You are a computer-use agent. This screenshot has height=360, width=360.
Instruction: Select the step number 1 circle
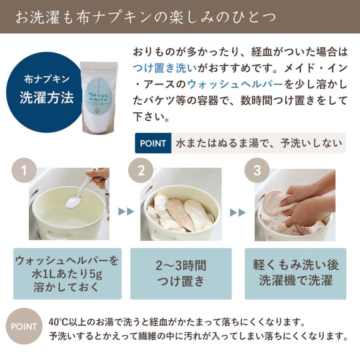pos(24,171)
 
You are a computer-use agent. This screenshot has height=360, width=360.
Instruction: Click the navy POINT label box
pos(153,143)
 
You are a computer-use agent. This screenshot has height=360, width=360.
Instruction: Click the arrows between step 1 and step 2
pos(126,212)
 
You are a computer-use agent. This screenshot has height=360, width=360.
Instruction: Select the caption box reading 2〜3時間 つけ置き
pos(181,274)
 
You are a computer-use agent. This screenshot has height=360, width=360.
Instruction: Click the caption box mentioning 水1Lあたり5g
pos(67,274)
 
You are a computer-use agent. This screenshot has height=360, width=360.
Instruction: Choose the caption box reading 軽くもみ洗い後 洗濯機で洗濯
pos(296,274)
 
